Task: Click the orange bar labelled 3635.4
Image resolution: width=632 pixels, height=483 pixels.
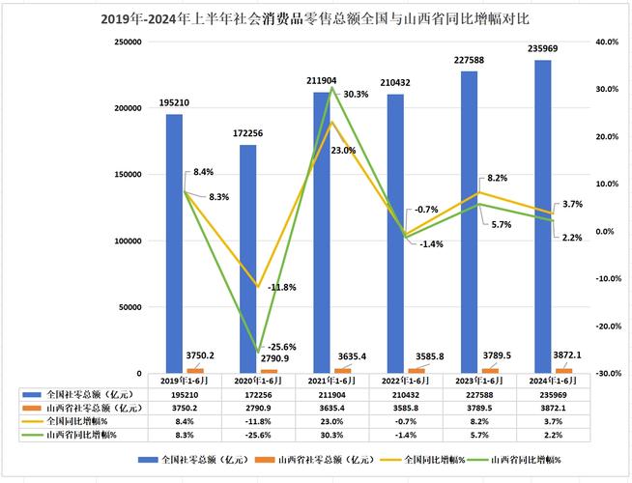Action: pos(343,370)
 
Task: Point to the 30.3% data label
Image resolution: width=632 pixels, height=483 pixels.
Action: pos(355,94)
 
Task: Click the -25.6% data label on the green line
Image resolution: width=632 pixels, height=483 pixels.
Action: pos(280,347)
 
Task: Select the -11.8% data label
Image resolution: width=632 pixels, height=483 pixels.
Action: pos(281,287)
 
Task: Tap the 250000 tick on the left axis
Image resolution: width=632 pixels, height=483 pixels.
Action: pos(129,43)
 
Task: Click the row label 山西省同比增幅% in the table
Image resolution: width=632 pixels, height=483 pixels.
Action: pos(82,436)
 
